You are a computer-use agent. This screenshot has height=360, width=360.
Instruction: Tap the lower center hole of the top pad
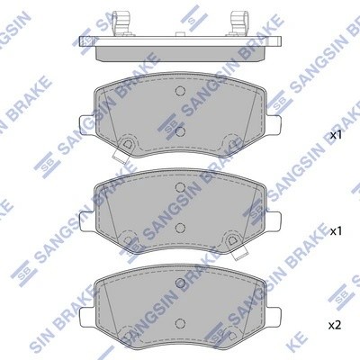180,130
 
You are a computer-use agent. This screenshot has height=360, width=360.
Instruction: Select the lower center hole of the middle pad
180,226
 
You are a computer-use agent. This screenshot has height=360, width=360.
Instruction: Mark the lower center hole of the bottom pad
180,320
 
